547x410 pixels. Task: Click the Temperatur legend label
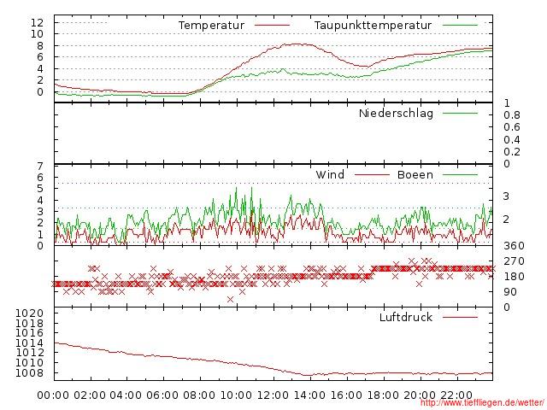pos(211,26)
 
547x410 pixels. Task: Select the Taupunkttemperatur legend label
pos(373,26)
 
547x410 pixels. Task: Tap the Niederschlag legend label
pos(396,113)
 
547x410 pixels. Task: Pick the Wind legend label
pos(330,175)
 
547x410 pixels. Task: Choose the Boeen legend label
pos(415,175)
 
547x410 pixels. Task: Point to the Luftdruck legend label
pos(406,318)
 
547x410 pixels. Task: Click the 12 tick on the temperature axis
pos(37,22)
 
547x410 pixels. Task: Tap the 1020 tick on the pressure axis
pos(31,314)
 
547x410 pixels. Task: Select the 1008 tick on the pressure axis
pos(31,373)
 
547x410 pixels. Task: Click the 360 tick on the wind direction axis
pos(513,246)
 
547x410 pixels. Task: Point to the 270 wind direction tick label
pos(513,261)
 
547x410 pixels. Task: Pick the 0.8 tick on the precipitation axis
pos(511,115)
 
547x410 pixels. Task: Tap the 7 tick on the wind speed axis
pos(40,166)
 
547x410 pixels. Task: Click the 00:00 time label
pos(53,395)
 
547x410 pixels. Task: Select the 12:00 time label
pos(273,395)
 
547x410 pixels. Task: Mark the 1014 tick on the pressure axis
pos(31,343)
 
